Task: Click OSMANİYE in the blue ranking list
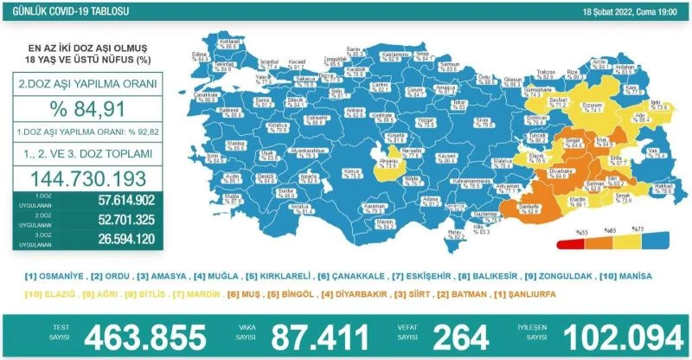(x=60, y=275)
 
